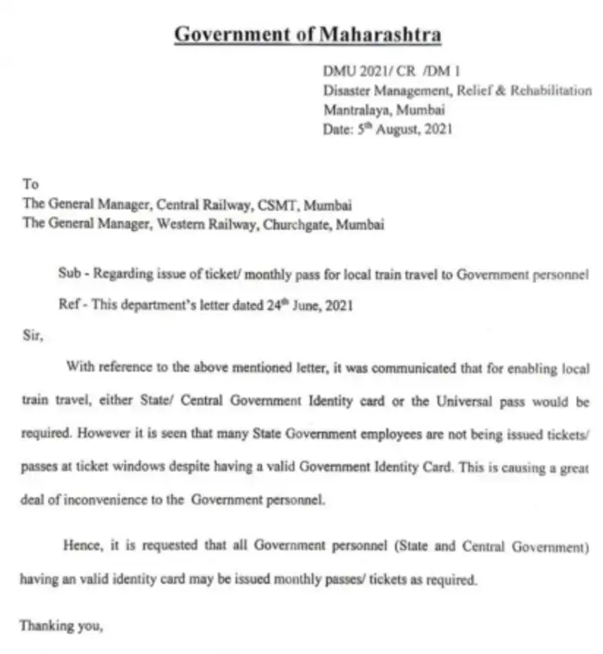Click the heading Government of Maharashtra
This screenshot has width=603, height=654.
(308, 35)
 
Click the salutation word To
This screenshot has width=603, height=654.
(30, 184)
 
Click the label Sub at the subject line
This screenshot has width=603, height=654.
(68, 274)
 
